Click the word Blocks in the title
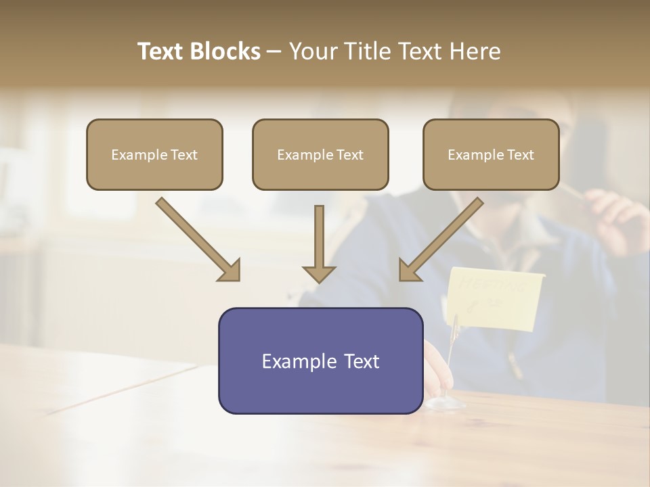[225, 51]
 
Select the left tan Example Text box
[154, 154]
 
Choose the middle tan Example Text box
[320, 154]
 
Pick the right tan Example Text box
[491, 154]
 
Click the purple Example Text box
[320, 361]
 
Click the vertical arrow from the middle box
[319, 243]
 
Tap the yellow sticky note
[494, 298]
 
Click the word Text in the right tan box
[520, 154]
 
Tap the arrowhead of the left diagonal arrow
[230, 270]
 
